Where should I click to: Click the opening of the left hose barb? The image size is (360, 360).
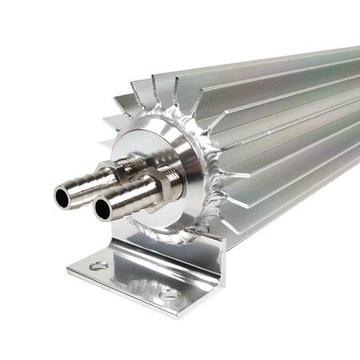63,195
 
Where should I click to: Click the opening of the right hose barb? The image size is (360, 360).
103,210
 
